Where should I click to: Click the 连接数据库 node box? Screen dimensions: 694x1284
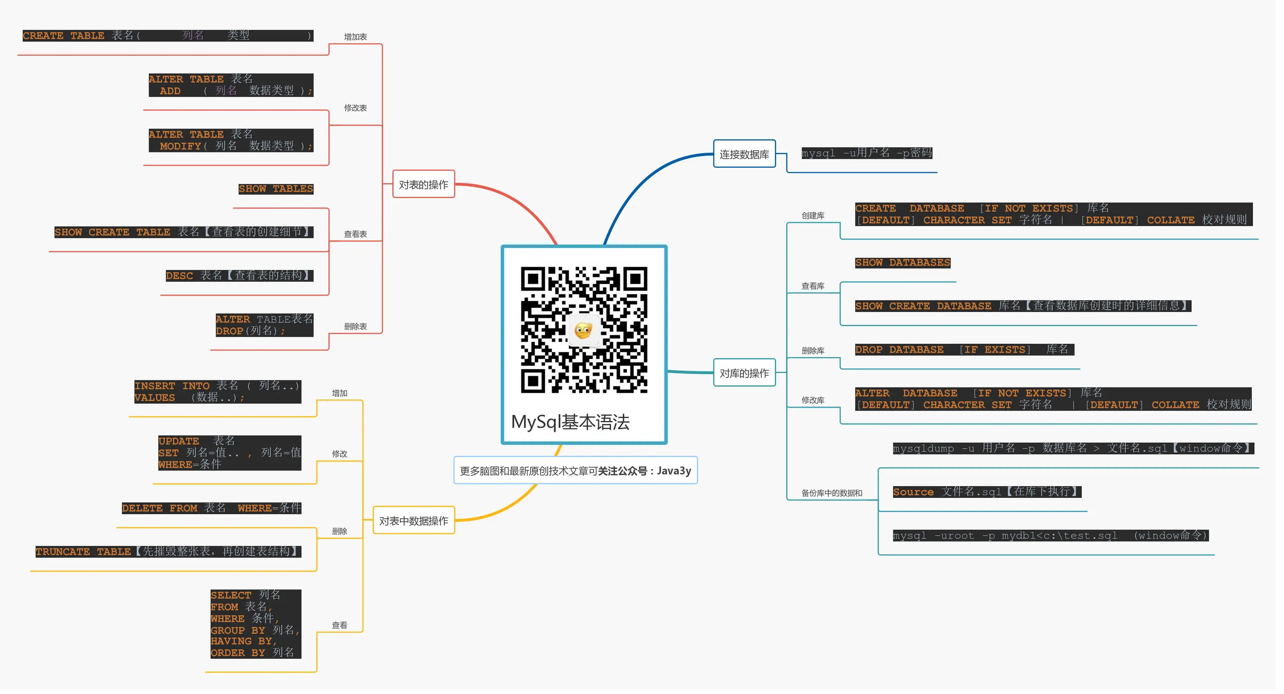click(744, 154)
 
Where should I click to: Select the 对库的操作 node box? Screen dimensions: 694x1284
click(744, 373)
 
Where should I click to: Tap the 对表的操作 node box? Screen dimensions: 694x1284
click(423, 184)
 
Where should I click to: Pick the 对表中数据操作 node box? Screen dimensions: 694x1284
click(413, 521)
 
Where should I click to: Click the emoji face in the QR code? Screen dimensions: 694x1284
click(583, 330)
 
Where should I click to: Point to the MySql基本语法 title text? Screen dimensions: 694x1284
click(570, 422)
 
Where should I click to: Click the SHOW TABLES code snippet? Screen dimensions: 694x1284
click(276, 189)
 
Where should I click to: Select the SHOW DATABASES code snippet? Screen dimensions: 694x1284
click(902, 263)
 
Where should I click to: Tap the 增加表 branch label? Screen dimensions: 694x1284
click(355, 37)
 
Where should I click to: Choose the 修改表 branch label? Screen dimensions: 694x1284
click(355, 108)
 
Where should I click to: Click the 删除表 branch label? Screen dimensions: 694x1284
click(355, 326)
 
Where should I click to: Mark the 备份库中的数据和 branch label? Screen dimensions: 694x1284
click(831, 493)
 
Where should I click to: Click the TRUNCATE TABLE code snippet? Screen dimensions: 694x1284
click(168, 551)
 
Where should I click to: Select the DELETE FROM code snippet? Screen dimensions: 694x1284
click(211, 508)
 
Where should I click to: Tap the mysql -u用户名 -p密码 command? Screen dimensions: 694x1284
click(866, 153)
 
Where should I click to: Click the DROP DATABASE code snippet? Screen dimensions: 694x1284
click(963, 350)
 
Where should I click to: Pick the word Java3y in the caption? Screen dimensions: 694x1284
click(674, 471)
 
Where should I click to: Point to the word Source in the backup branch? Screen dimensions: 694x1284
click(913, 492)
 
